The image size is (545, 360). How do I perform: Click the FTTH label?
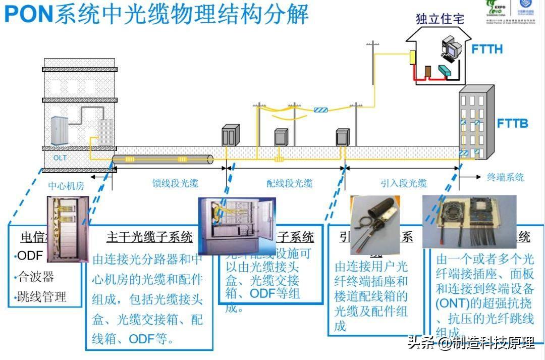(x=487, y=49)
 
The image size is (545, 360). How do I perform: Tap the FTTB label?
(x=512, y=123)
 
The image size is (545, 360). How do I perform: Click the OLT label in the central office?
(x=60, y=158)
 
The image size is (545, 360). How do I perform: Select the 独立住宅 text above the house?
(x=440, y=19)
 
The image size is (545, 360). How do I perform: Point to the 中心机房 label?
(x=66, y=185)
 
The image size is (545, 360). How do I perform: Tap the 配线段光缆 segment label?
(x=289, y=183)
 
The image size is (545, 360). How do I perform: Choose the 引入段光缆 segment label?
(x=404, y=183)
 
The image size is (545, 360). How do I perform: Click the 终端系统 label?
(x=505, y=177)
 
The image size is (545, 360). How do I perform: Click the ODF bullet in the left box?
(x=30, y=255)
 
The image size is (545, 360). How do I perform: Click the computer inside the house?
(x=451, y=47)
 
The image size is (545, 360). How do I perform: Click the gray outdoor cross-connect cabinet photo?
(x=237, y=225)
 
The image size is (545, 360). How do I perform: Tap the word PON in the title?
(x=29, y=14)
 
